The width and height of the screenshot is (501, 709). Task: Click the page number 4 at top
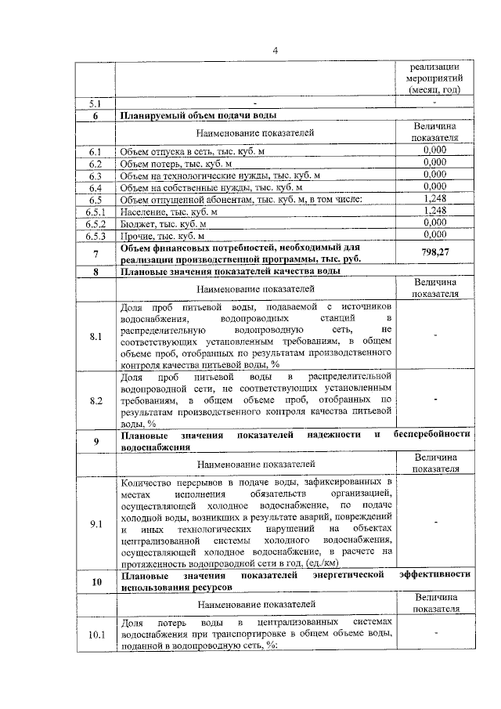[x=275, y=51]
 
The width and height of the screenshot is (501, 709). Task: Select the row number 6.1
[x=96, y=152]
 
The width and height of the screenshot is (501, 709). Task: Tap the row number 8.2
[x=96, y=400]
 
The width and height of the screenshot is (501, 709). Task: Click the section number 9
[x=96, y=441]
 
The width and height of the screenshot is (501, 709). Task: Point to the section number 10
[x=96, y=581]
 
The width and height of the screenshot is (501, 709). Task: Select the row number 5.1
[x=96, y=103]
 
